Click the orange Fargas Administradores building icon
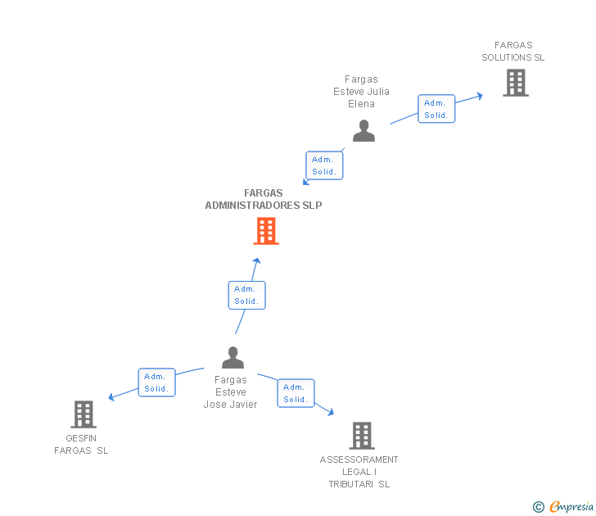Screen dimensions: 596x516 pos(265,231)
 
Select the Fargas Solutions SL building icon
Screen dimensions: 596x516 pos(515,83)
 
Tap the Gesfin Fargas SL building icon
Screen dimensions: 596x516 pos(84,414)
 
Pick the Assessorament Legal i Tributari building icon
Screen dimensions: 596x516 pos(361,436)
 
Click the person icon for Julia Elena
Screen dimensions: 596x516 pos(363,131)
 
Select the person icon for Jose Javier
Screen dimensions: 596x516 pos(233,358)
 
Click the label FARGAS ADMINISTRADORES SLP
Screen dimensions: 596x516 pos(264,200)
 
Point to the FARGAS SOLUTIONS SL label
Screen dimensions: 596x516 pos(512,52)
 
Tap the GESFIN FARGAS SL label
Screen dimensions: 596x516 pos(81,445)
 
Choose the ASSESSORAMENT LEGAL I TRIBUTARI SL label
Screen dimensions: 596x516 pos(359,472)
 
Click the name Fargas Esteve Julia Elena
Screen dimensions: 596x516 pos(361,92)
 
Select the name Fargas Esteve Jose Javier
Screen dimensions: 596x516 pos(231,392)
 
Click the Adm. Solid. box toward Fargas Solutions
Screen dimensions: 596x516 pos(436,109)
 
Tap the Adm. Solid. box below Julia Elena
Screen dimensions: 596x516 pos(324,165)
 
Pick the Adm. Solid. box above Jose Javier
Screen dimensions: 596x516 pos(246,295)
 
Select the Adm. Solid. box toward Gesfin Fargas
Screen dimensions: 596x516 pos(156,382)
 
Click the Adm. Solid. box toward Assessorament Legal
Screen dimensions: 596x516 pos(296,393)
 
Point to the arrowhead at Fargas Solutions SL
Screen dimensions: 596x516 pos(480,95)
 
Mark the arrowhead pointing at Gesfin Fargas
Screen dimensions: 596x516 pos(111,397)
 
